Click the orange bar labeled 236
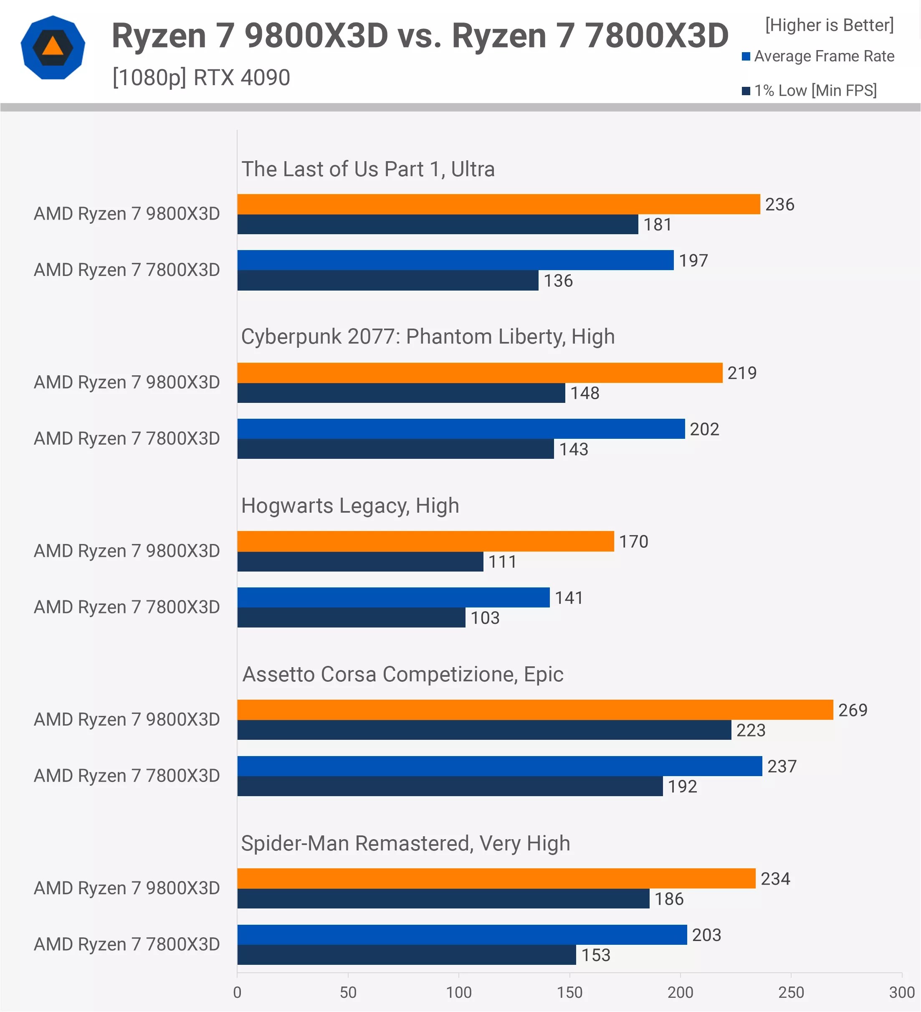click(x=498, y=204)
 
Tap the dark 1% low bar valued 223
click(x=484, y=730)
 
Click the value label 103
click(x=484, y=618)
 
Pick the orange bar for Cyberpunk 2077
click(x=479, y=373)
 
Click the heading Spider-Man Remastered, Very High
click(x=405, y=843)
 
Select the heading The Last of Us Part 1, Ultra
click(x=368, y=169)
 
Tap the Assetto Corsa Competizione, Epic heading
click(x=402, y=674)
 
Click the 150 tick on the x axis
click(x=569, y=992)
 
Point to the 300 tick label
click(x=901, y=992)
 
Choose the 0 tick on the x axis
click(x=238, y=992)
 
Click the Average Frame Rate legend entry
click(x=818, y=56)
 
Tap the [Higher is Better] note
click(x=829, y=25)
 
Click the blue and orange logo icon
click(x=53, y=48)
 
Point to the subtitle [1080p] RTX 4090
click(x=201, y=78)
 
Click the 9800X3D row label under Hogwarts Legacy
click(x=127, y=551)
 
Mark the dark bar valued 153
click(x=406, y=955)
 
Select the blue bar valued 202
click(x=461, y=429)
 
